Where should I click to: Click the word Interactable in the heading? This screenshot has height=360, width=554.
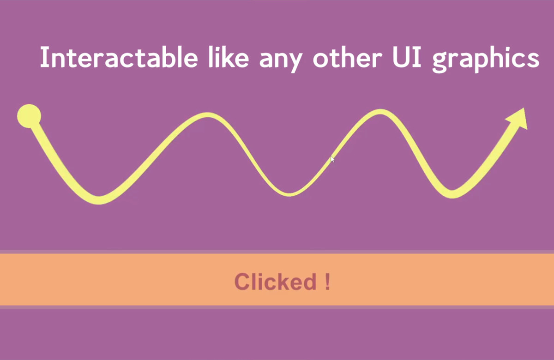coord(119,57)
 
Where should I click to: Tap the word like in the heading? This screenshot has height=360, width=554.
coord(229,57)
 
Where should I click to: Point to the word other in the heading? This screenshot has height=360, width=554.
coord(348,57)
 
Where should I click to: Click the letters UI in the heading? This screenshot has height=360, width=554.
coord(407,57)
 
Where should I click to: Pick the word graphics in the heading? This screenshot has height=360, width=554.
coord(486,60)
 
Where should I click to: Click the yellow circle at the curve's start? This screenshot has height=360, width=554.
coord(29,116)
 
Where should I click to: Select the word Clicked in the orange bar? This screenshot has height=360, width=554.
coord(275,282)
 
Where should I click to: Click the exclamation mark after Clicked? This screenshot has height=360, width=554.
coord(327,282)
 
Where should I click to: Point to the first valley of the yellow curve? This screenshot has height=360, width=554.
coord(99,200)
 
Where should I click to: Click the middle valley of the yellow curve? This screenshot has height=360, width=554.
coord(289,194)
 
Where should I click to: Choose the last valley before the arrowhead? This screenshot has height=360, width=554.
coord(452,194)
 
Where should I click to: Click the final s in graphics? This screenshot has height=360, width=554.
coord(533,60)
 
